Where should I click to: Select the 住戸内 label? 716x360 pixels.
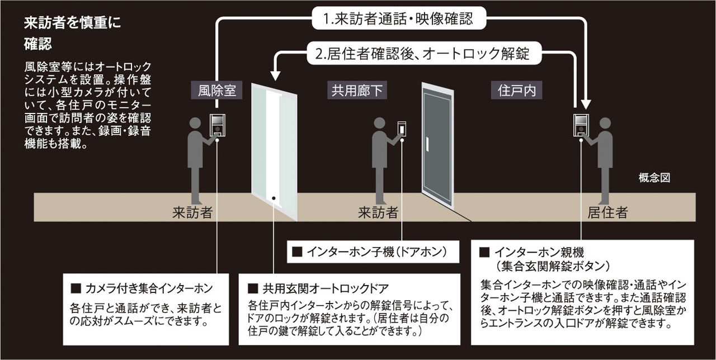516,91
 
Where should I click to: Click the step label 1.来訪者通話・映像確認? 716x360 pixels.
398,18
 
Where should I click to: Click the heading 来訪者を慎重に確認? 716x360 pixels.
73,34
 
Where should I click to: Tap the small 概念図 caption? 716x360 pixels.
654,178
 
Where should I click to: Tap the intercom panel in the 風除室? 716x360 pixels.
216,124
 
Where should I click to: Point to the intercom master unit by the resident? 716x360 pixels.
580,124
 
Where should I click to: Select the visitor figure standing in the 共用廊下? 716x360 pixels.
381,159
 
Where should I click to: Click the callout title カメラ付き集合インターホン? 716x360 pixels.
149,288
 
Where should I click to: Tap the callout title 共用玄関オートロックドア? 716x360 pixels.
326,288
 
